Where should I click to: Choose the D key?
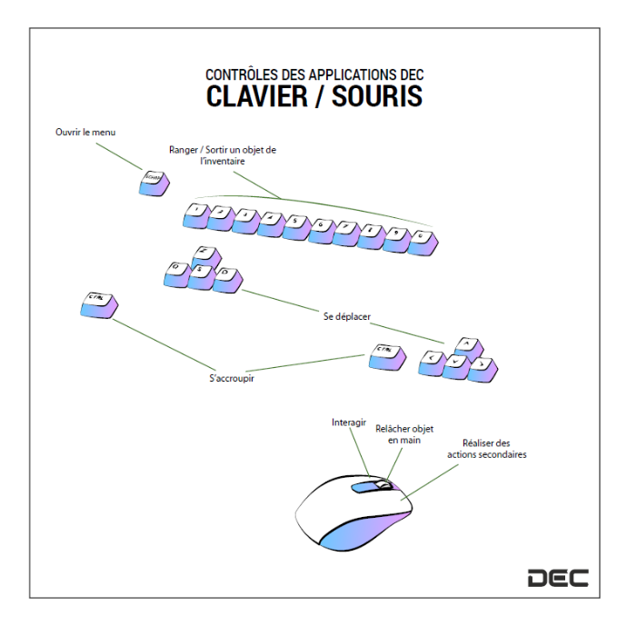(228, 277)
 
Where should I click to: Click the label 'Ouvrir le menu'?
(85, 132)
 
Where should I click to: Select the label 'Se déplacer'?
(347, 317)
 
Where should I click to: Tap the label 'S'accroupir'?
(231, 378)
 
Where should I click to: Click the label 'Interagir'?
(350, 422)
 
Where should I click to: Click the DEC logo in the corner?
(558, 577)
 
